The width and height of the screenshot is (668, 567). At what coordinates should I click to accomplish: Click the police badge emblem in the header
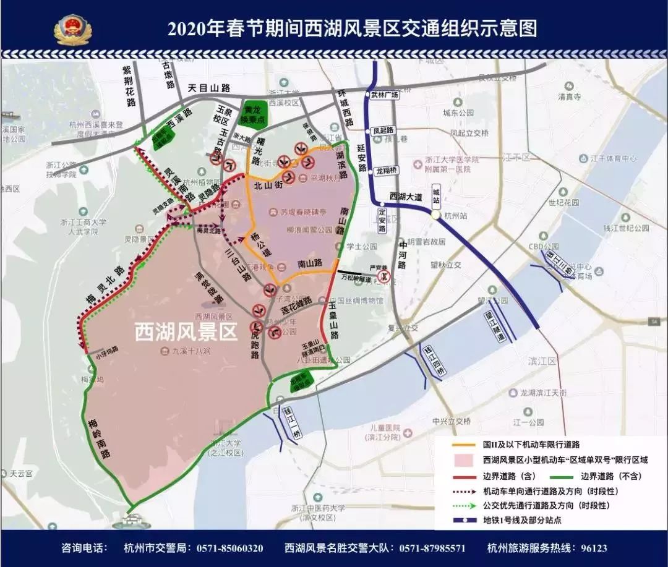73,28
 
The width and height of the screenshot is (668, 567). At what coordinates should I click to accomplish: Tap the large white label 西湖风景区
186,333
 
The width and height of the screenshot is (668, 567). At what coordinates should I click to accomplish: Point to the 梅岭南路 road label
98,436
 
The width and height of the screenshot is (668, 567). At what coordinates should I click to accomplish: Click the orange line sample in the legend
465,445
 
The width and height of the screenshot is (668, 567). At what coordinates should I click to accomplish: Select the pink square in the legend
465,460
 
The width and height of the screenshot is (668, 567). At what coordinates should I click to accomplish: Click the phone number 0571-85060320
229,548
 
